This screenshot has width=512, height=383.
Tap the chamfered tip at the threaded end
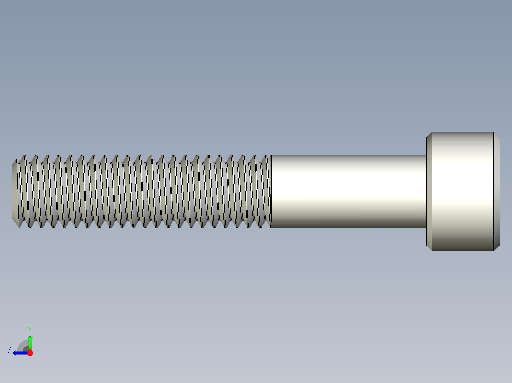click(15, 191)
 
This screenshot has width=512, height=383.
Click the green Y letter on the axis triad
click(29, 329)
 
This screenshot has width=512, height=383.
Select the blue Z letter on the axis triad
click(9, 350)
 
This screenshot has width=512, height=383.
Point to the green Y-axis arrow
click(30, 341)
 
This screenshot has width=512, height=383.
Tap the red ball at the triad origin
click(30, 353)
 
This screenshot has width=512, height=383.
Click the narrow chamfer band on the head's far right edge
click(497, 191)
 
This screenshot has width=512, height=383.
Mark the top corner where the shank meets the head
click(426, 155)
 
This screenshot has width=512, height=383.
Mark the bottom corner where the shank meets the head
click(426, 228)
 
